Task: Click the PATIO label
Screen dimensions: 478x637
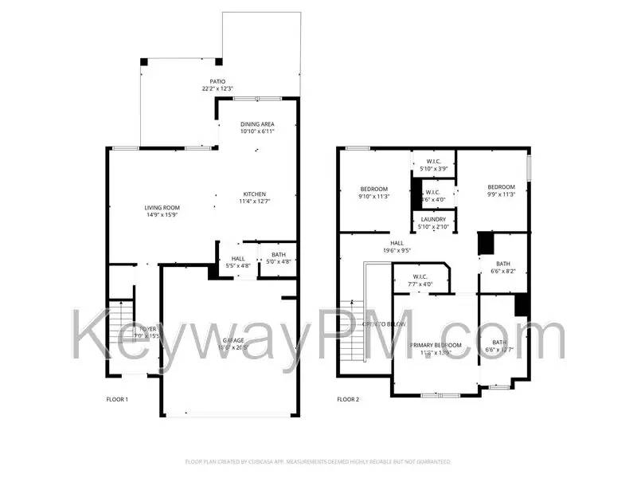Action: pyautogui.click(x=217, y=81)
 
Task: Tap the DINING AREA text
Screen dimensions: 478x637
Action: pyautogui.click(x=258, y=124)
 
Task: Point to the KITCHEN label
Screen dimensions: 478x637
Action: pyautogui.click(x=254, y=194)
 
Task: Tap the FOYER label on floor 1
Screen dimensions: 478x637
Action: pyautogui.click(x=148, y=328)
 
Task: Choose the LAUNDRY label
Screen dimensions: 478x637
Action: pyautogui.click(x=433, y=220)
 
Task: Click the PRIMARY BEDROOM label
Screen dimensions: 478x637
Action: pyautogui.click(x=436, y=345)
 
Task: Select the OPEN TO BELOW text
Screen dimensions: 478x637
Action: pyautogui.click(x=384, y=324)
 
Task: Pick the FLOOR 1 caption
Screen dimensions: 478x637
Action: pyautogui.click(x=117, y=399)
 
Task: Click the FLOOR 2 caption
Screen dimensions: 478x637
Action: pyautogui.click(x=348, y=399)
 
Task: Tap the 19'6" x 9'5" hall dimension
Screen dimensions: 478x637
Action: pyautogui.click(x=396, y=250)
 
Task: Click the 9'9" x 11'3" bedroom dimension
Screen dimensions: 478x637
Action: pyautogui.click(x=502, y=194)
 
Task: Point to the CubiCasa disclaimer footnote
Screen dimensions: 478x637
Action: pyautogui.click(x=318, y=461)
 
